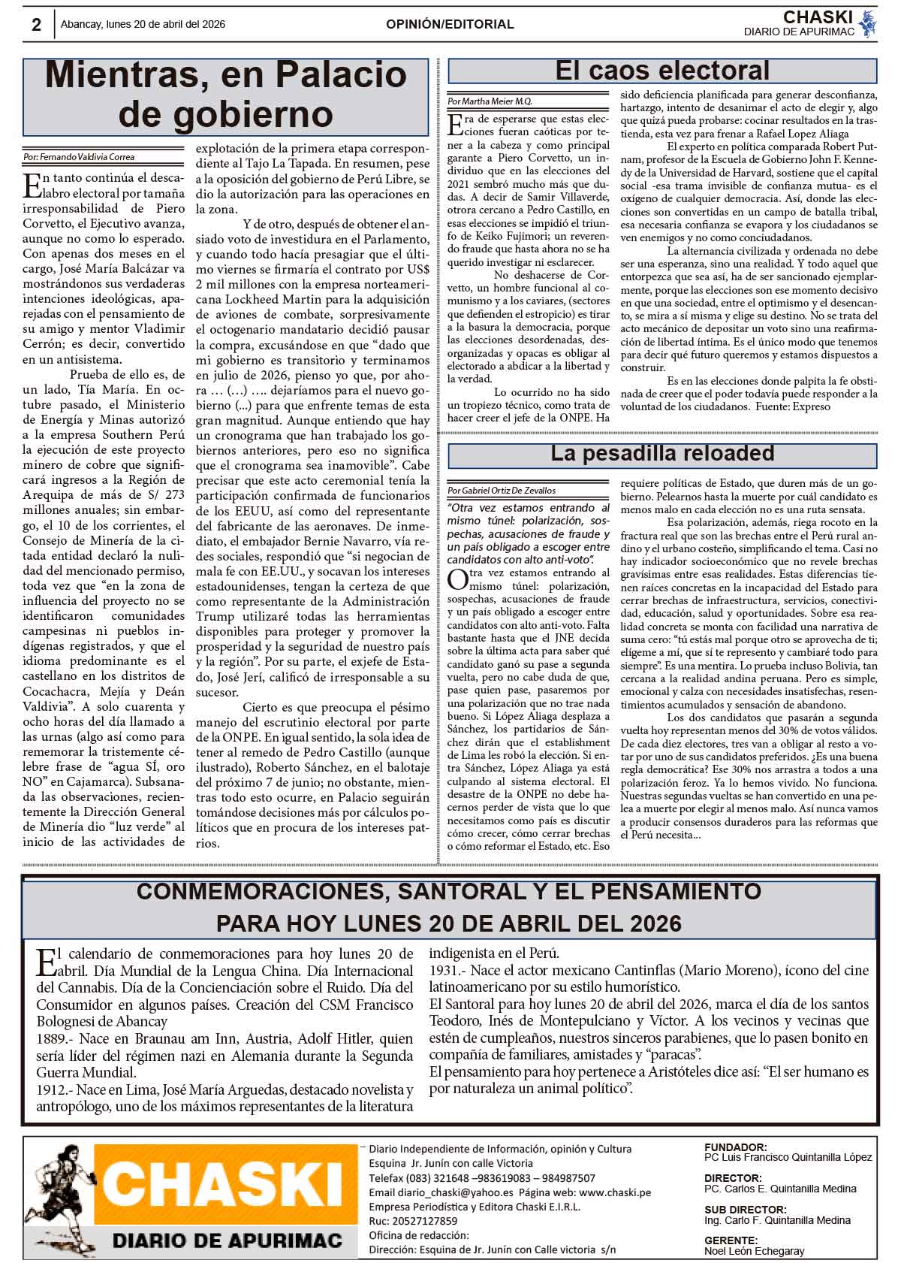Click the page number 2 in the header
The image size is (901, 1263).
click(36, 25)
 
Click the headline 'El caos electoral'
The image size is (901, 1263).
click(662, 71)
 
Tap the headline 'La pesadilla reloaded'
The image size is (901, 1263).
click(662, 454)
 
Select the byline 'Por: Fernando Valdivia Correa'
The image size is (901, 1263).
click(79, 157)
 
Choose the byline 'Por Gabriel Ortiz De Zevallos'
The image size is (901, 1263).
click(502, 490)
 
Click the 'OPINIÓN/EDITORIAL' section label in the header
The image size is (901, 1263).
click(450, 25)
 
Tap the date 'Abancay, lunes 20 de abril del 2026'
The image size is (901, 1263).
click(143, 25)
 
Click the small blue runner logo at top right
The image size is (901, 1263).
click(868, 23)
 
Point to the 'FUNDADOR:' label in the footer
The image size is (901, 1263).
click(735, 1147)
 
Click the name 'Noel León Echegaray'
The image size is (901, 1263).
click(754, 1251)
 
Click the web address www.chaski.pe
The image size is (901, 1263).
click(615, 1192)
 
